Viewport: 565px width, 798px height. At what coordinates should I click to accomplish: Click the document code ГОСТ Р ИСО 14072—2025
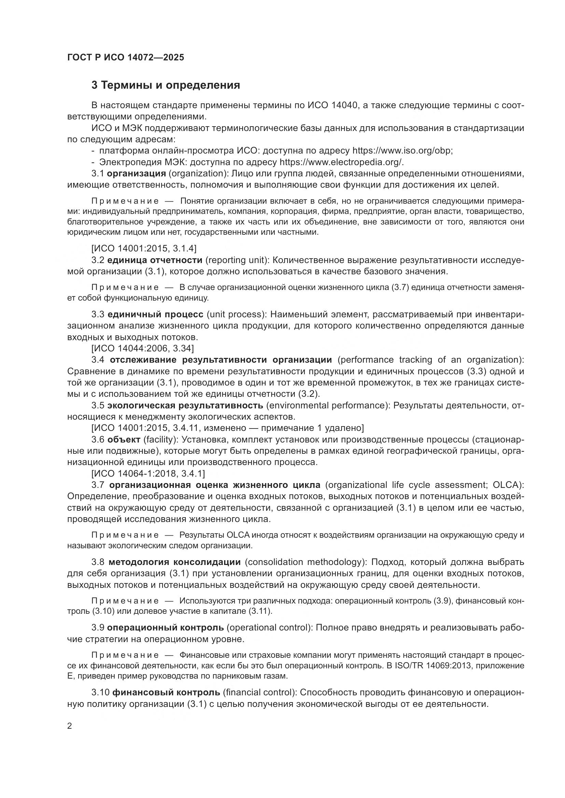(x=126, y=57)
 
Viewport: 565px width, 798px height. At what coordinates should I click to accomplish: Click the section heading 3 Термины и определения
(x=166, y=85)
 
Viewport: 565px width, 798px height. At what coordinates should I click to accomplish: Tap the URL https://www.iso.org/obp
(x=402, y=151)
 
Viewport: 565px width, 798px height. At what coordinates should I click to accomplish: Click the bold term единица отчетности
(x=155, y=260)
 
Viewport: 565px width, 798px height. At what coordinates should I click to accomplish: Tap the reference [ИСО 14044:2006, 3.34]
(x=143, y=348)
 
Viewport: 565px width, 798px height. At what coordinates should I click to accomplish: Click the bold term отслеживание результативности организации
(x=221, y=360)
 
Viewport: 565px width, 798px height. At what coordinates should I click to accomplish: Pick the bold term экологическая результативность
(x=185, y=405)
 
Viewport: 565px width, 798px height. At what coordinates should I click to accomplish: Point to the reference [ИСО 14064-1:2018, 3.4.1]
(x=148, y=474)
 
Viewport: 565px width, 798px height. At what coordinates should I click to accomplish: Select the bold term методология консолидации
(x=175, y=562)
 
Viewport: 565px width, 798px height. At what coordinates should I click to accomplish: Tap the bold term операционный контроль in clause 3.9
(x=165, y=627)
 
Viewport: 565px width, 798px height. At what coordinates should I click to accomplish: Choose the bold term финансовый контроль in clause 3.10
(x=166, y=692)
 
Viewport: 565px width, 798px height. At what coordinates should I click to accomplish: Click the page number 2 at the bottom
(x=70, y=726)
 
